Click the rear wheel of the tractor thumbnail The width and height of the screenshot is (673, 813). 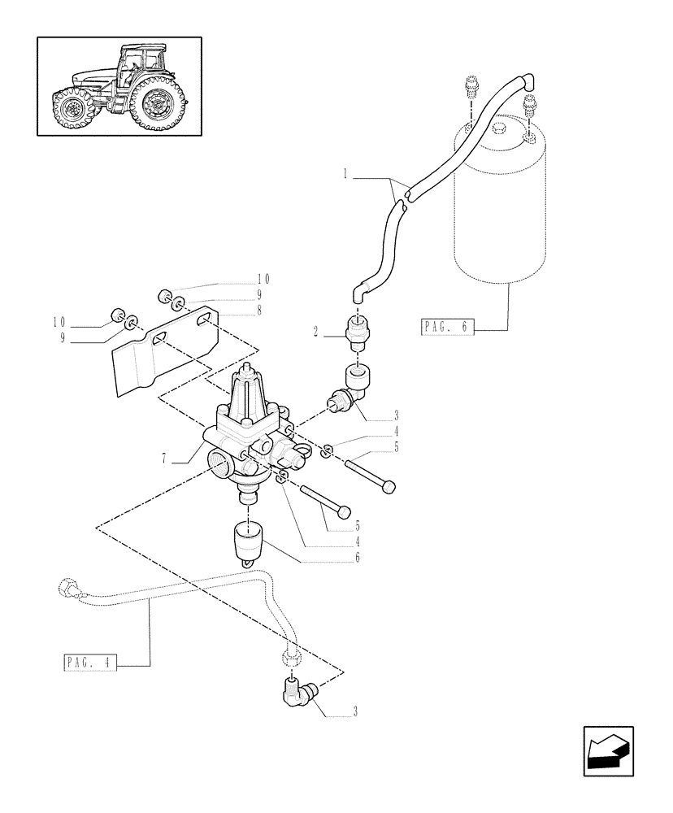pos(158,102)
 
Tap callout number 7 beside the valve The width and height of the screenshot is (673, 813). pos(166,459)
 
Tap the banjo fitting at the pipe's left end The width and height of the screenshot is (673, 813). pos(67,587)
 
